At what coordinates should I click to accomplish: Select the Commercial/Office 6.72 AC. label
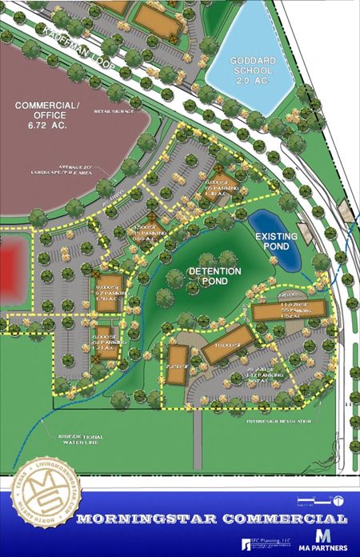coord(48,115)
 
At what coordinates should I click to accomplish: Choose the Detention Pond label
coord(214,277)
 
